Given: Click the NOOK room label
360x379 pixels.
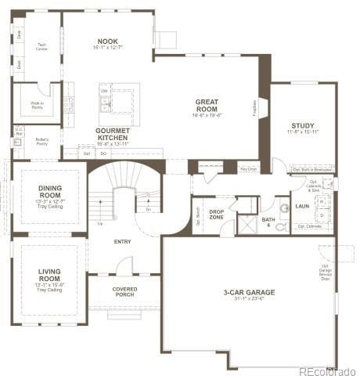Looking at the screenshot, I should point(108,41).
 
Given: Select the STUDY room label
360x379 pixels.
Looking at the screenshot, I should point(303,125).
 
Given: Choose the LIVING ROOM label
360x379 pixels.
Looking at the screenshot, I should point(49,276).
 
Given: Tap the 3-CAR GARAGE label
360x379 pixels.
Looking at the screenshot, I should point(249,293).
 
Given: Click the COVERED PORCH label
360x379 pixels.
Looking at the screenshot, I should point(124,291).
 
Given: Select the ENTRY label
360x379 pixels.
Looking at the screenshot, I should point(123,241).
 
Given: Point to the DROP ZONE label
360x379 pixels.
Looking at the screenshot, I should point(216,213).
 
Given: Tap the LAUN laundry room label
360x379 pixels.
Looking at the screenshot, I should point(302,206).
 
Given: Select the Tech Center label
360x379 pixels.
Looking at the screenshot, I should point(42,46).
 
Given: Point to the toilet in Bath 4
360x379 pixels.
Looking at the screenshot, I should point(284,208).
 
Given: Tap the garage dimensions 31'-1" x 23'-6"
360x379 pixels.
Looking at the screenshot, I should point(249,299).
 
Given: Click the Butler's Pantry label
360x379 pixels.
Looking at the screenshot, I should point(42,142).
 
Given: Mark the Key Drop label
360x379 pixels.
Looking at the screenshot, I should point(249,168).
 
